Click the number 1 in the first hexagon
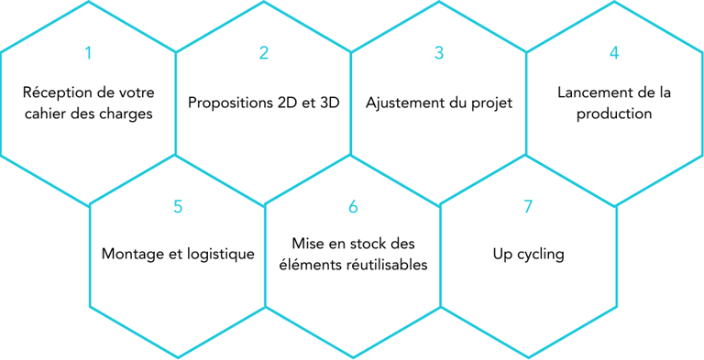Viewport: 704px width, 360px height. (x=88, y=53)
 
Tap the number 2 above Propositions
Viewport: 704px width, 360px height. (x=264, y=53)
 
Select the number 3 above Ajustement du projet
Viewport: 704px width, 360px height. (x=439, y=53)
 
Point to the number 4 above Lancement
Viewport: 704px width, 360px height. (x=614, y=53)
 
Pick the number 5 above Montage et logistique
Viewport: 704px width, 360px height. (x=178, y=207)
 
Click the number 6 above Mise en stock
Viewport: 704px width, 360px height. (x=353, y=207)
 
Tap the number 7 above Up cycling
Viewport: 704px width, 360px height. (x=528, y=207)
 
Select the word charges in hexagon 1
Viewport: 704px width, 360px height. (x=126, y=115)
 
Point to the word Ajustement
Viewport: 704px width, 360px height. (x=405, y=103)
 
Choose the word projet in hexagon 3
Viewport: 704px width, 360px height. (x=489, y=104)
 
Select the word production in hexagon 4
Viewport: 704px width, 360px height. (x=614, y=115)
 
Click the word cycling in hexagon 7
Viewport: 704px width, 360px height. (x=540, y=255)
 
